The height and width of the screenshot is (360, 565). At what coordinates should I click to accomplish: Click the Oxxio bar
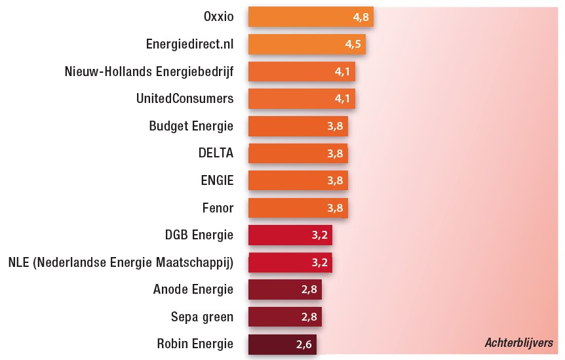pos(310,17)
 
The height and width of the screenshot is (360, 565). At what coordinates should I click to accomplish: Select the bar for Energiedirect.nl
pos(306,45)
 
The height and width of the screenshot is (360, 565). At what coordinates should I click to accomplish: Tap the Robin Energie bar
pos(282,344)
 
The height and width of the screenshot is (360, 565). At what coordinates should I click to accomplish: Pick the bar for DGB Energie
pos(290,235)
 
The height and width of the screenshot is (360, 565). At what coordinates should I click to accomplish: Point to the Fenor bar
pos(298,208)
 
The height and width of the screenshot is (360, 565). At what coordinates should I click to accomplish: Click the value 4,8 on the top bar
pos(360,17)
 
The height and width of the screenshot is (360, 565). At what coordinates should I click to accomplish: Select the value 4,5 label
pos(352,45)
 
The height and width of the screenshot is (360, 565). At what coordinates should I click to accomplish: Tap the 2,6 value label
pos(304,344)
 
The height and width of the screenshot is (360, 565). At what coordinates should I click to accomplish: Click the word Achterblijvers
pos(518,343)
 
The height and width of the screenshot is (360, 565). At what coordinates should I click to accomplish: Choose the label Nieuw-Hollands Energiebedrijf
pos(149,71)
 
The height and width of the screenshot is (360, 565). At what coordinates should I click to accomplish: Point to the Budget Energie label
pos(191,126)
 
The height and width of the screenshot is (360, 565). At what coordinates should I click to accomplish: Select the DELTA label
pos(215,153)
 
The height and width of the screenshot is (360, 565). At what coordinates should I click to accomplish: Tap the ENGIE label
pos(216,180)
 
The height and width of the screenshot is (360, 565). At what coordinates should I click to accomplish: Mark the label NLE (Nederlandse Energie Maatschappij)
pos(121,262)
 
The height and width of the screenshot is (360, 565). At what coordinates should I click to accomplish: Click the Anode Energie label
pos(193,289)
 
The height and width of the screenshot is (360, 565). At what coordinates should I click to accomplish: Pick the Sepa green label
pos(202,317)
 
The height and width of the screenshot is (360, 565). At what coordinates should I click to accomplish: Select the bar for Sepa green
pos(284,317)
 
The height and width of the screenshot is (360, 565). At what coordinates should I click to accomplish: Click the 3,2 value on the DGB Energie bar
pos(320,235)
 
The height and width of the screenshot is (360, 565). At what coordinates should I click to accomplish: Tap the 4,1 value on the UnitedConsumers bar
pos(342,99)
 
